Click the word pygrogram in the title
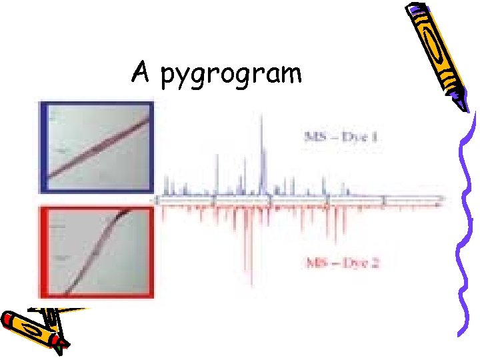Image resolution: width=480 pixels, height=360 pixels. (231, 74)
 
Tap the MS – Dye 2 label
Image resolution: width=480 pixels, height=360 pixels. (342, 262)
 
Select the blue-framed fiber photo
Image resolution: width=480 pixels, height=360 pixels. (97, 147)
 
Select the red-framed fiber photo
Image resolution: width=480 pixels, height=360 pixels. (97, 252)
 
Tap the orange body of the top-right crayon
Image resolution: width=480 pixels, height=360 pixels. (437, 53)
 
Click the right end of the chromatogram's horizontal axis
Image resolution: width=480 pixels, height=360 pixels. (443, 199)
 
